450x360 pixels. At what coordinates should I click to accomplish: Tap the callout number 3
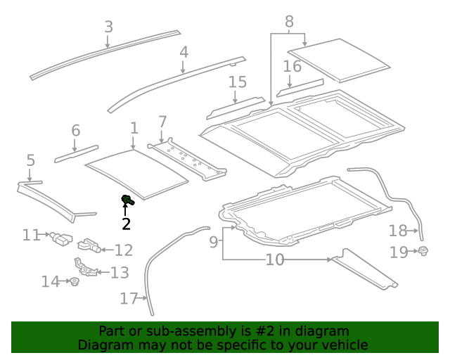tap(108, 27)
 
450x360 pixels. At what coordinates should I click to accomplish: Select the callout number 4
tap(184, 52)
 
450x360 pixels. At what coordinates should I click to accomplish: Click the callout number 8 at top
tap(288, 22)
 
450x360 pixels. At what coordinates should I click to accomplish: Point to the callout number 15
tap(238, 82)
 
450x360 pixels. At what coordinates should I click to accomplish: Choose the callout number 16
tap(292, 67)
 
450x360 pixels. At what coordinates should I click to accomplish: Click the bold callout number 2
tap(126, 224)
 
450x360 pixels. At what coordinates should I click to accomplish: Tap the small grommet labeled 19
tap(423, 251)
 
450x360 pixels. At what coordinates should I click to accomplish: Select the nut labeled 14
tap(73, 283)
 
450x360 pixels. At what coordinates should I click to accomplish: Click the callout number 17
tap(127, 299)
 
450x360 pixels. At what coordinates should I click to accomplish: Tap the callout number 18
tap(398, 230)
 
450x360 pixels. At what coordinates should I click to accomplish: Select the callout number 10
tap(274, 260)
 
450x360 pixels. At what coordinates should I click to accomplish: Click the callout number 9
tap(214, 243)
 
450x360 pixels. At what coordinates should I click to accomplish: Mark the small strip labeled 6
tap(77, 153)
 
